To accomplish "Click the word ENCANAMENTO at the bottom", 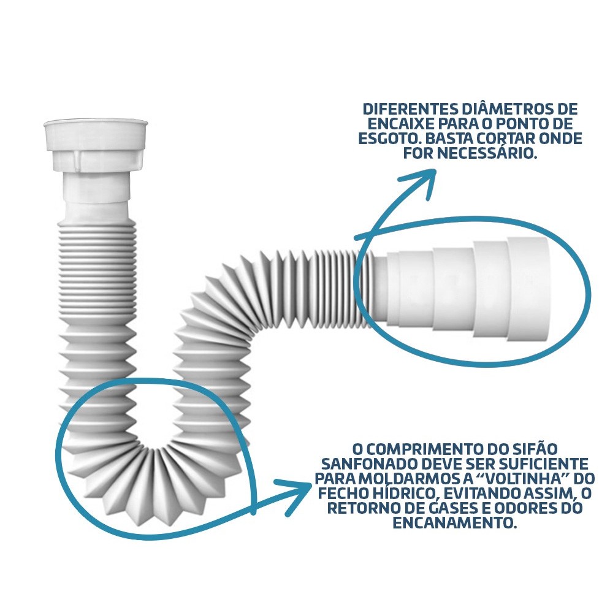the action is pos(454,523).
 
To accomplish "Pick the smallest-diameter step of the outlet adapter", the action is pos(392,288).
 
